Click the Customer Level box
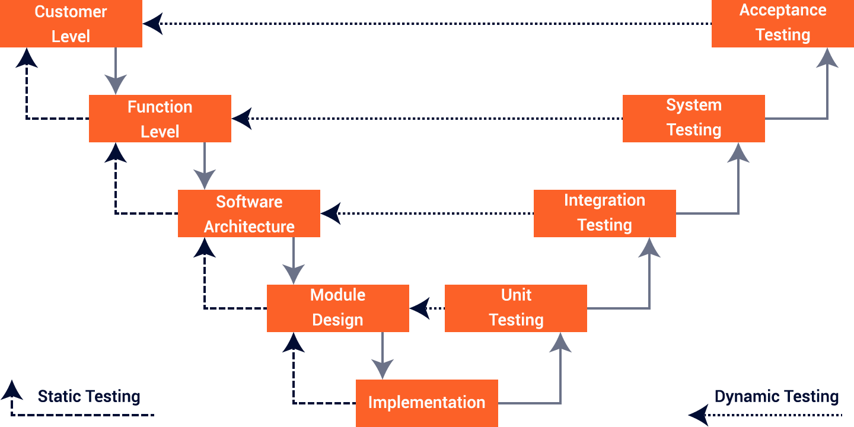tap(71, 24)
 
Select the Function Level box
tap(160, 119)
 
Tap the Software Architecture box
tap(249, 213)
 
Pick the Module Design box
tap(337, 308)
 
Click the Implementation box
tap(426, 403)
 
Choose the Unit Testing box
tap(515, 308)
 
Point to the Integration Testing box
tap(604, 213)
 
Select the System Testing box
tap(693, 118)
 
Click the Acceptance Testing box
tap(782, 23)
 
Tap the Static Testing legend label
tap(89, 396)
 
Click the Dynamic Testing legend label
tap(776, 396)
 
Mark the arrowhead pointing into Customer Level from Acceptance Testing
tap(153, 24)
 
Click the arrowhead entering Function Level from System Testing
tap(242, 119)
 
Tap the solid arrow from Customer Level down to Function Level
tap(116, 71)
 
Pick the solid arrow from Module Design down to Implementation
tap(383, 356)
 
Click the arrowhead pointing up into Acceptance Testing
tap(827, 58)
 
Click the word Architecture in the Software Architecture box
tap(249, 227)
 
